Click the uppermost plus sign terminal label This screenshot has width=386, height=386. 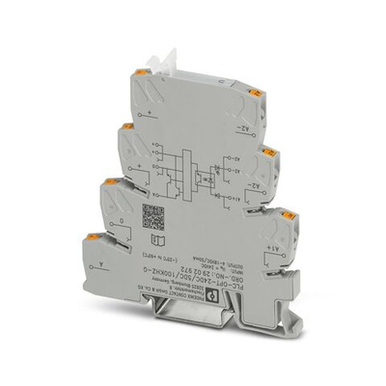click(x=142, y=140)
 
